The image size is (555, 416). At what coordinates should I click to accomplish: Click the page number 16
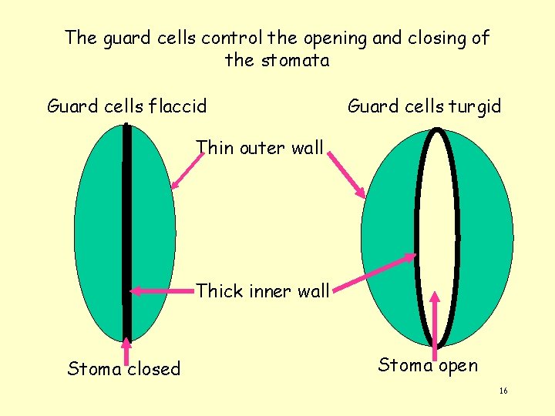503,391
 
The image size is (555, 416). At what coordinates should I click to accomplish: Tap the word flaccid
179,106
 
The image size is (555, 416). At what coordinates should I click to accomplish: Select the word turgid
473,106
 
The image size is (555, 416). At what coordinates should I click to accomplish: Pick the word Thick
219,291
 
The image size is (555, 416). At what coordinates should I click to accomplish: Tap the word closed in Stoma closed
154,369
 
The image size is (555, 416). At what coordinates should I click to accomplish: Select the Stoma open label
428,365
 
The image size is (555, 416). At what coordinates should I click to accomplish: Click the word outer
261,147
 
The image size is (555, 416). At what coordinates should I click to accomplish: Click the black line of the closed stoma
126,231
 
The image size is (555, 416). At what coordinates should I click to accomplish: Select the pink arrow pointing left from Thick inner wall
162,290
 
